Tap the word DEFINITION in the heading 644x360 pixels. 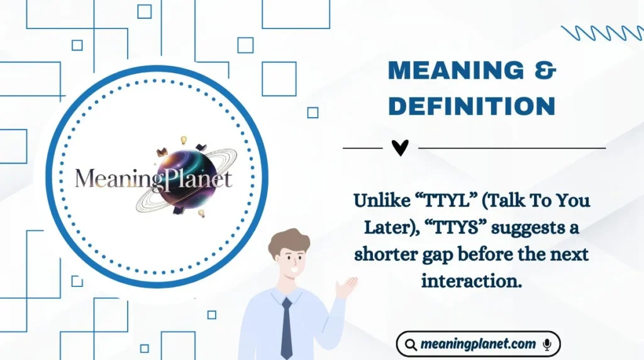[472, 106]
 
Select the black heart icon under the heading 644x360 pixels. [400, 148]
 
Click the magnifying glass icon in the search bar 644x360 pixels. [410, 345]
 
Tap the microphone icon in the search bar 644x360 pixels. [547, 344]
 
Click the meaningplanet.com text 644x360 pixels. [478, 344]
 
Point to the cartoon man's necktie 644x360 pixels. [286, 327]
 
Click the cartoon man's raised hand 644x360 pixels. [346, 286]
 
